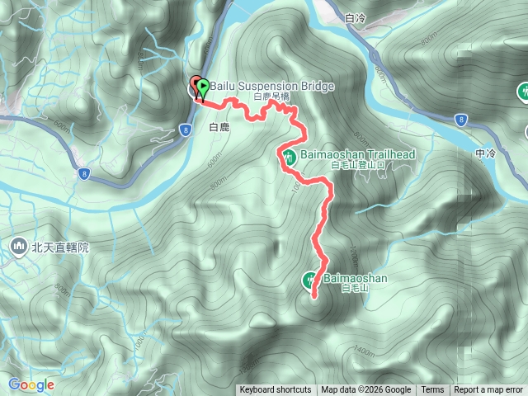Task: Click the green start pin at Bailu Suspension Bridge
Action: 202,86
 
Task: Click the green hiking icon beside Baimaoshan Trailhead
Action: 289,156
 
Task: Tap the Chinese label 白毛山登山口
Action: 351,166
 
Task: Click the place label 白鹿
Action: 219,128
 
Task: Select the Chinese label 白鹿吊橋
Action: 273,97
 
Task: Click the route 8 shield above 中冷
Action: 462,120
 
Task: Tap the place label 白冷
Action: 356,16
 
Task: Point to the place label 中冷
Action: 487,153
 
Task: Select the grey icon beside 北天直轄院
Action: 18,246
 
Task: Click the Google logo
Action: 31,384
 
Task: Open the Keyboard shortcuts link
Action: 276,390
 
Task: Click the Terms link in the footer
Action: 432,390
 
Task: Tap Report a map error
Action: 488,390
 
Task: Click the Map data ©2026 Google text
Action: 366,390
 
